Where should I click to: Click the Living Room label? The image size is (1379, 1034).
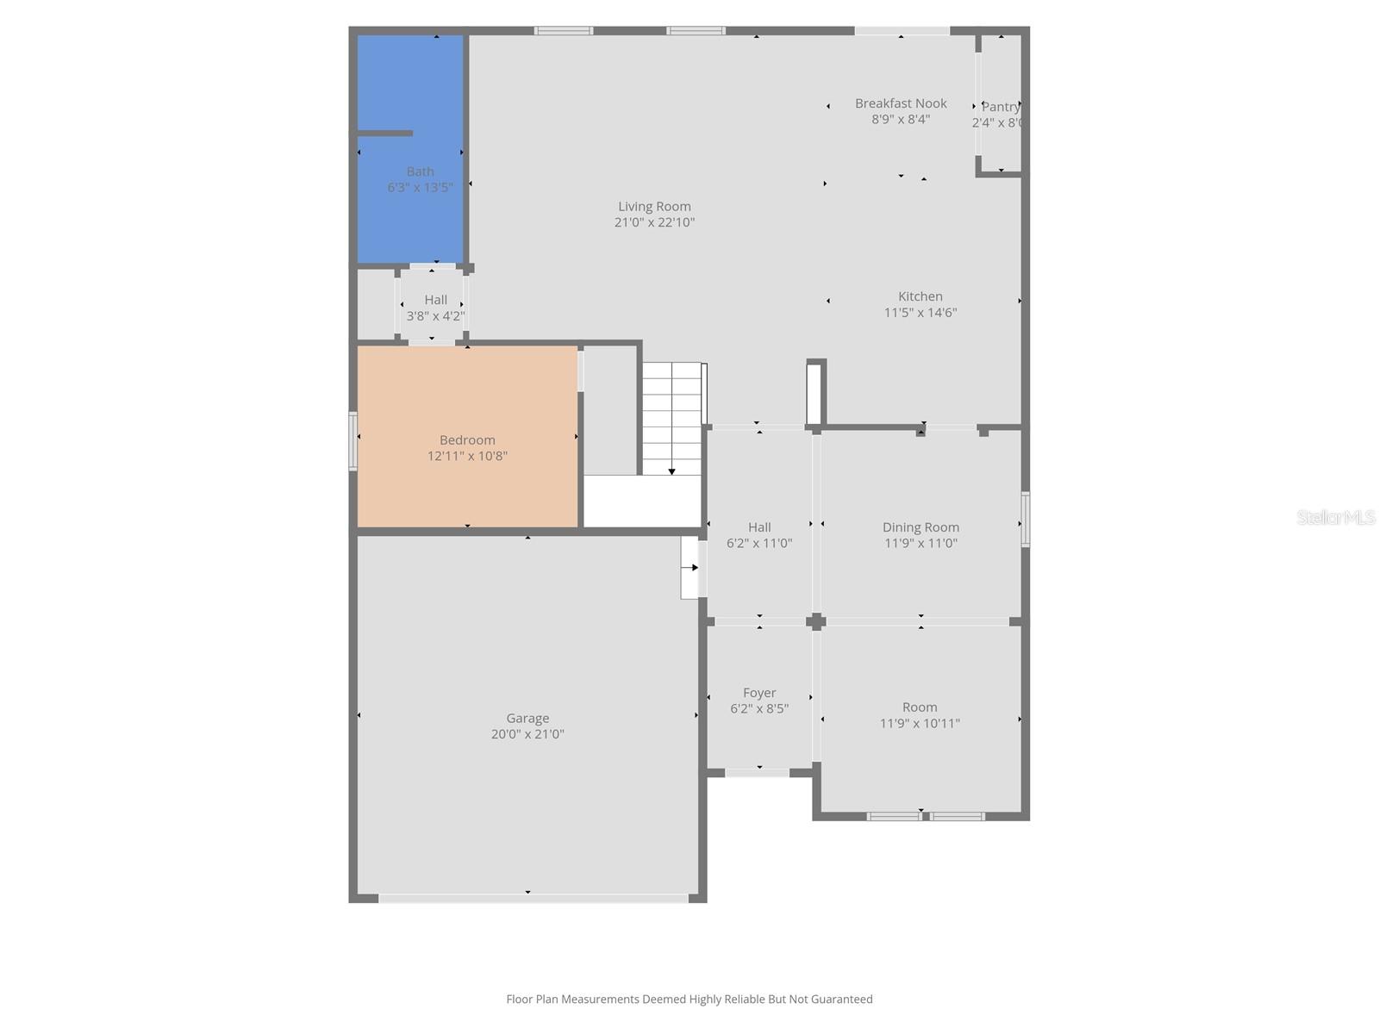pos(654,207)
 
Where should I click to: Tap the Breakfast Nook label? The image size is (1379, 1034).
pos(901,103)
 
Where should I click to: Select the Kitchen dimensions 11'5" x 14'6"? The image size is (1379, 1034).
pos(920,313)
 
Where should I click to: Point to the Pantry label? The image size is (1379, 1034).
pos(1000,107)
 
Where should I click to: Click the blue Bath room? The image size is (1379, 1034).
pos(411,215)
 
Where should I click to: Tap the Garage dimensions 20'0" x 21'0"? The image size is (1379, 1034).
pos(527,734)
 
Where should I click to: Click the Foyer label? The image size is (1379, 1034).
pos(759,693)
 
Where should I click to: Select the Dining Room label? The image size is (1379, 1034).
pos(920,527)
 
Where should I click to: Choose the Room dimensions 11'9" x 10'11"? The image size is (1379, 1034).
pos(920,724)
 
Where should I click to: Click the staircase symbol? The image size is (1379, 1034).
pos(672,418)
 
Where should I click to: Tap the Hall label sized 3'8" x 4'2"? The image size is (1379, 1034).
pos(435,300)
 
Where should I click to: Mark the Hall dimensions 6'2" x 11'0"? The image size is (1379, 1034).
pos(759,544)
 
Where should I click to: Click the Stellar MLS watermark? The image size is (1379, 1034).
pos(1336,517)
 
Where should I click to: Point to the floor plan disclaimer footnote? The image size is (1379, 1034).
pos(689,1000)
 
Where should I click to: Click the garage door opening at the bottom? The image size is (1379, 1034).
pos(534,898)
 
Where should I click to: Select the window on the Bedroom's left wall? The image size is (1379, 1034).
pos(353,441)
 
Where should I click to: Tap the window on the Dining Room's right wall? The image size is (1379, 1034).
pos(1026,519)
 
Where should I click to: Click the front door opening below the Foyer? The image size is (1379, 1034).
pos(758,773)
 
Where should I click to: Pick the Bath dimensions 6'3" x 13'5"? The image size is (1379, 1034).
pos(420,188)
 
